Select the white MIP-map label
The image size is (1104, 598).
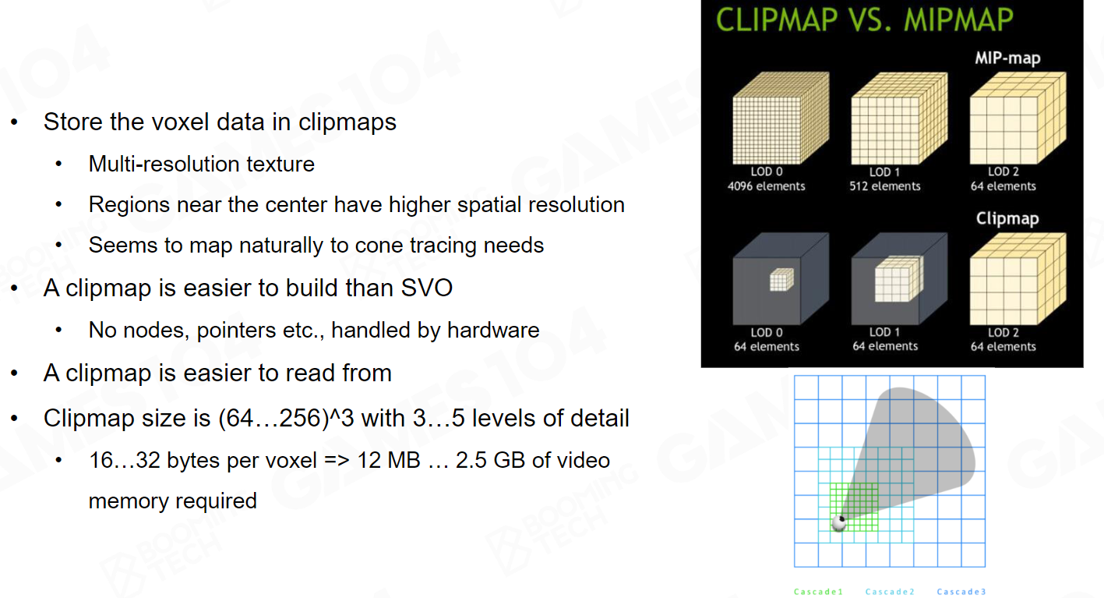coord(1007,58)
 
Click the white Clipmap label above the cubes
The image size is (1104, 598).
coord(1007,218)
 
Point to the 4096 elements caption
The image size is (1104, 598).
coord(767,186)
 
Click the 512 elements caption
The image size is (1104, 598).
coord(884,186)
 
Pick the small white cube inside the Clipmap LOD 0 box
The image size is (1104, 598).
coord(781,279)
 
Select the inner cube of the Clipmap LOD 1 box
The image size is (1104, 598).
coord(899,278)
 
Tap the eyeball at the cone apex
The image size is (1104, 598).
coord(839,522)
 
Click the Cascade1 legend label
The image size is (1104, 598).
coord(818,592)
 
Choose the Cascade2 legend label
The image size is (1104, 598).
coord(890,592)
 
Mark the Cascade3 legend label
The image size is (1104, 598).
coord(961,592)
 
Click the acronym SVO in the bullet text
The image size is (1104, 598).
coord(426,288)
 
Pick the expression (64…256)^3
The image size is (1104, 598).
coord(287,419)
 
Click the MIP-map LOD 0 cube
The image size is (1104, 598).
coord(781,118)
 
